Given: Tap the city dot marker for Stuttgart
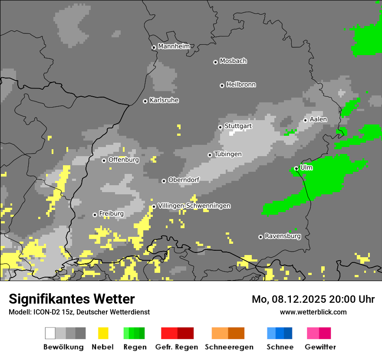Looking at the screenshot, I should (x=220, y=127).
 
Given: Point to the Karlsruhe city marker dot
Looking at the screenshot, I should (x=145, y=101).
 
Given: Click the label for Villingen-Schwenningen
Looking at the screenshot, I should (x=194, y=206).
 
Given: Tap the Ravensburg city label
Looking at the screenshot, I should (x=283, y=236).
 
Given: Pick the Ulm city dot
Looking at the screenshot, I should (x=296, y=168).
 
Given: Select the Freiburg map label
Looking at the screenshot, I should (x=111, y=214).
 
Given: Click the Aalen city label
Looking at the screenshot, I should (x=318, y=119).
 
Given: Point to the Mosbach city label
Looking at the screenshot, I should (x=233, y=61).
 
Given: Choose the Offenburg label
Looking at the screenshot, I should (x=124, y=160).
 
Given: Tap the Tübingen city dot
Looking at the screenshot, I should (x=210, y=155).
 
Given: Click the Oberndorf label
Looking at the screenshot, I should (x=184, y=180).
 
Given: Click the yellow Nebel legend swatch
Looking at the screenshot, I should (x=103, y=333).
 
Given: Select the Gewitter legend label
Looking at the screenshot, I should (x=320, y=347).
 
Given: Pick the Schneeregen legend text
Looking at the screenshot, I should (x=229, y=347).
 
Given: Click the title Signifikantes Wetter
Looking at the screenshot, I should (x=72, y=299).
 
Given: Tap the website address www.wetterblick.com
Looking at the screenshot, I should (x=313, y=312).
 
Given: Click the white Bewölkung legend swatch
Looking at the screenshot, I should (x=50, y=333).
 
